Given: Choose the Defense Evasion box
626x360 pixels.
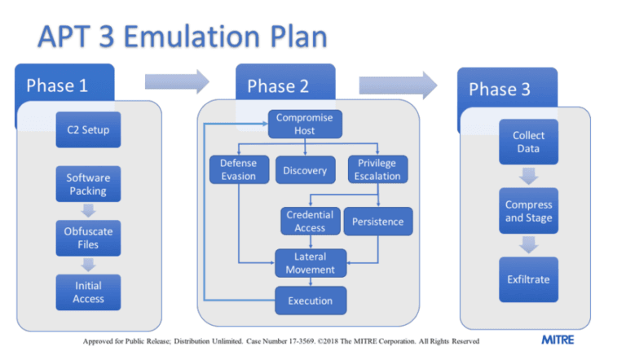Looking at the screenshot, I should (238, 169).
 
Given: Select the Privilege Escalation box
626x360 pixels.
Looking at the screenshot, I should (377, 169).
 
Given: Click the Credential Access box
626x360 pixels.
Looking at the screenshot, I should (310, 222).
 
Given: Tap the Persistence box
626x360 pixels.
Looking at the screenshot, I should (377, 222).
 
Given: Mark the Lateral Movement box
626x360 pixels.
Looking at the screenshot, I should (310, 263).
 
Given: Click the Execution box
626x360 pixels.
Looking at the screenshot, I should (310, 301).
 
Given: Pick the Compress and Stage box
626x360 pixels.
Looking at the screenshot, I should (528, 211).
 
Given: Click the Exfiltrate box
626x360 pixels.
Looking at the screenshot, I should (528, 279).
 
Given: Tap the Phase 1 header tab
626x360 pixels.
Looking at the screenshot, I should (65, 86).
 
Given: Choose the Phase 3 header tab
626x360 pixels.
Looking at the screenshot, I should (505, 89).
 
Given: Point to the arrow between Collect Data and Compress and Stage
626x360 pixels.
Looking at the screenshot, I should (528, 176).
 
